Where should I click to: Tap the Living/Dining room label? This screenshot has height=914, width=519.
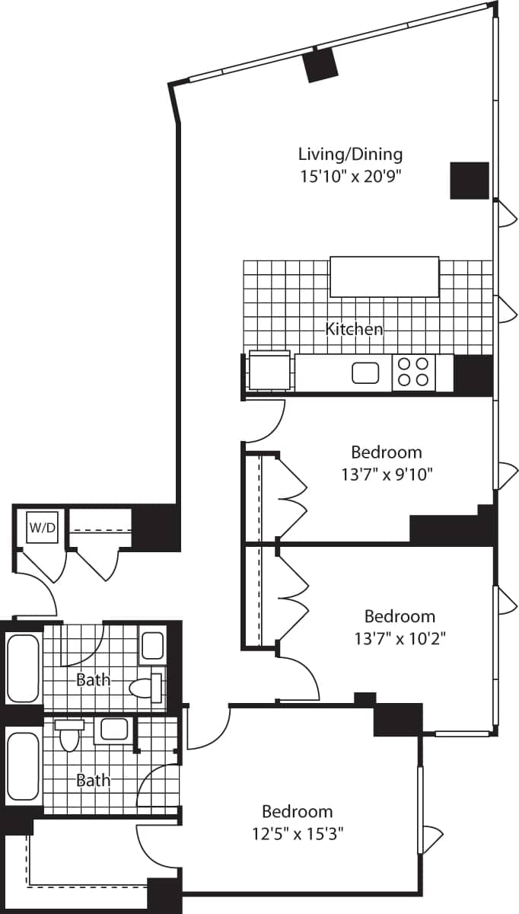pos(350,154)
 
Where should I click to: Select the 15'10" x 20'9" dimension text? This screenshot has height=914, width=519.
pos(350,176)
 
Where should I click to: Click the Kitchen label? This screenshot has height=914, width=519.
pos(354,329)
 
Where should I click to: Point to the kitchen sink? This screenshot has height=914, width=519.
pos(366,372)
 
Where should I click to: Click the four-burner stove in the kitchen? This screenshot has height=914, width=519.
pos(413,372)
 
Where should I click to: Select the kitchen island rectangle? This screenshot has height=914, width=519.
pos(384,276)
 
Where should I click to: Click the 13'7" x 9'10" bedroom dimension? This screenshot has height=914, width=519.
pos(387,475)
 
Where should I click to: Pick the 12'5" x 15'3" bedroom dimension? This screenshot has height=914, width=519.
pos(298,833)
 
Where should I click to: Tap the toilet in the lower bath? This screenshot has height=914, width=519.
pos(69,736)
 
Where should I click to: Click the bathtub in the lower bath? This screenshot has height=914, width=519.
pos(23,766)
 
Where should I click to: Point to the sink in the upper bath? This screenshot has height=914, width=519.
pos(153,646)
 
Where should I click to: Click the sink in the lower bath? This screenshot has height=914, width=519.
pos(114,729)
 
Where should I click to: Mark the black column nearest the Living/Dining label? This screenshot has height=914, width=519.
pos(469,181)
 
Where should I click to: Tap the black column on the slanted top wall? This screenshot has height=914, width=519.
pos(320,65)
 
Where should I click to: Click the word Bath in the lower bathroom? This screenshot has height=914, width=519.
pos(93,780)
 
